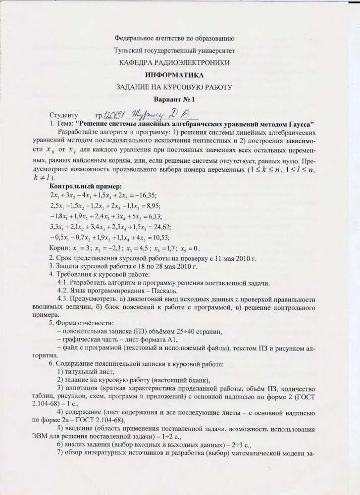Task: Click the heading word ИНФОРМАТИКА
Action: pos(174,75)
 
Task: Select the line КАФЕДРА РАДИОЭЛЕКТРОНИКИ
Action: pos(174,63)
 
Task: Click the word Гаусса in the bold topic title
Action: pos(298,123)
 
